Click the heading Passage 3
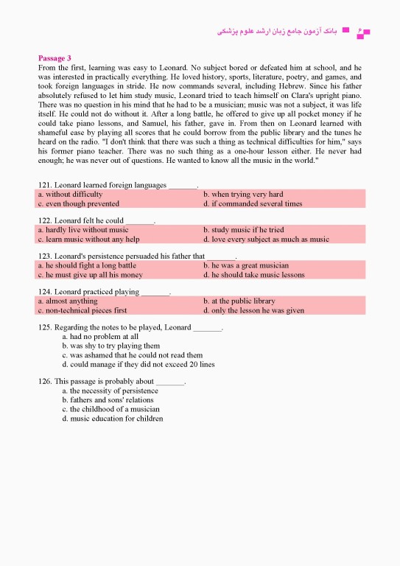(55, 57)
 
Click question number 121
(45, 184)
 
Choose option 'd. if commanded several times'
(253, 203)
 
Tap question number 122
(45, 220)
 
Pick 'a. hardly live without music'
(83, 230)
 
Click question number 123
(45, 256)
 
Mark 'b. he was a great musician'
(246, 265)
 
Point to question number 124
(45, 292)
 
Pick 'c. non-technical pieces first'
(82, 310)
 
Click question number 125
(45, 327)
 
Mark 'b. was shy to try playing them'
(110, 346)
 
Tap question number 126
(45, 382)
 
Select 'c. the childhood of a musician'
(110, 409)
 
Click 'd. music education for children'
(112, 419)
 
